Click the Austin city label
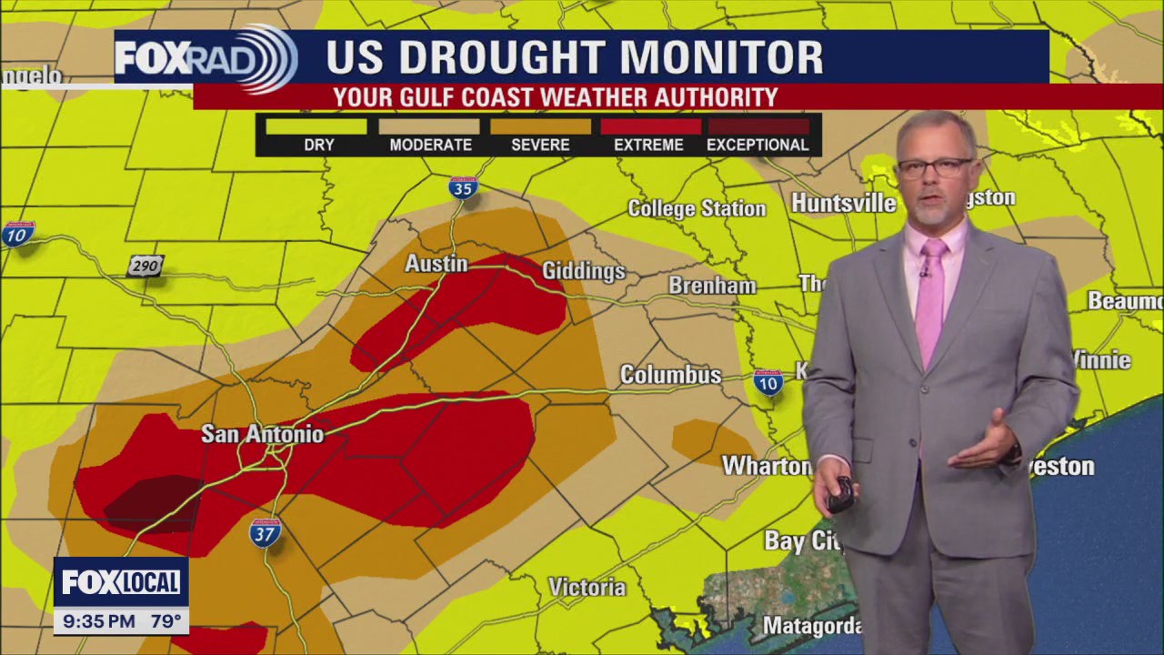[x=436, y=264]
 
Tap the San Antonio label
[x=262, y=434]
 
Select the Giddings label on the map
[x=583, y=271]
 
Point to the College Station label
[x=697, y=208]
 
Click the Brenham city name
[x=712, y=286]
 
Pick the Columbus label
[x=670, y=375]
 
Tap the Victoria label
[x=587, y=588]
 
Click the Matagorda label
[x=811, y=626]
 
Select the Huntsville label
[x=843, y=203]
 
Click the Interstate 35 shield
[x=463, y=188]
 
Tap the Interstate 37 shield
[x=265, y=532]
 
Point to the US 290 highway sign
[x=145, y=266]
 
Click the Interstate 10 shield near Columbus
[x=768, y=383]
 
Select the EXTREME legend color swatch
[x=650, y=126]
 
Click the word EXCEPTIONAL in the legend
[x=758, y=145]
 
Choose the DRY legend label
[x=319, y=145]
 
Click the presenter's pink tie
[x=930, y=300]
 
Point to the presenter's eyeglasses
[x=935, y=167]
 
